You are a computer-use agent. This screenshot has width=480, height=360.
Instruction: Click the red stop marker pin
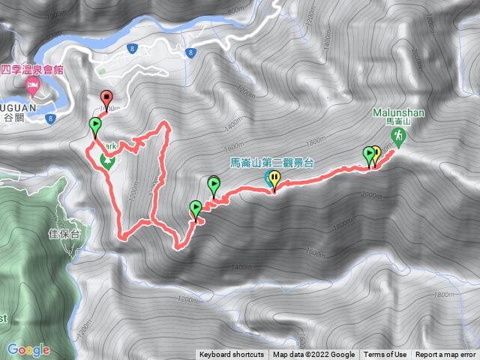pyautogui.click(x=106, y=97)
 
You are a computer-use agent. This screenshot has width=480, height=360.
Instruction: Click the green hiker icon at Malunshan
pyautogui.click(x=398, y=135)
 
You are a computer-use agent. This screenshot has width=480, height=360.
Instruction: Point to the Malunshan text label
pyautogui.click(x=398, y=114)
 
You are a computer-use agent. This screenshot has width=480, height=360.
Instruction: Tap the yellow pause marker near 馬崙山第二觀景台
pyautogui.click(x=276, y=178)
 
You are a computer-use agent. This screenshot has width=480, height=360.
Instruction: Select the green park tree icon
pyautogui.click(x=107, y=160)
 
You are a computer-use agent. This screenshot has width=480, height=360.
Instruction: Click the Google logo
pyautogui.click(x=28, y=349)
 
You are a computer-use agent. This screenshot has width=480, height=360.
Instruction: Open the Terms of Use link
pyautogui.click(x=385, y=355)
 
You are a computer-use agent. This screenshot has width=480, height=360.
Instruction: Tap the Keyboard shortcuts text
pyautogui.click(x=231, y=355)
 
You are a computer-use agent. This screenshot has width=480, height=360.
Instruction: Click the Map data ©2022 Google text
pyautogui.click(x=313, y=355)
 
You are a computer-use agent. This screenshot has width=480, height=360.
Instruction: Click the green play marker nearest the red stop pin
pyautogui.click(x=95, y=124)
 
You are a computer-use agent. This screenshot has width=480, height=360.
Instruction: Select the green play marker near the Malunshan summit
pyautogui.click(x=369, y=154)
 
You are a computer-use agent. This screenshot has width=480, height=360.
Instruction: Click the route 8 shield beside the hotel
pyautogui.click(x=132, y=48)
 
